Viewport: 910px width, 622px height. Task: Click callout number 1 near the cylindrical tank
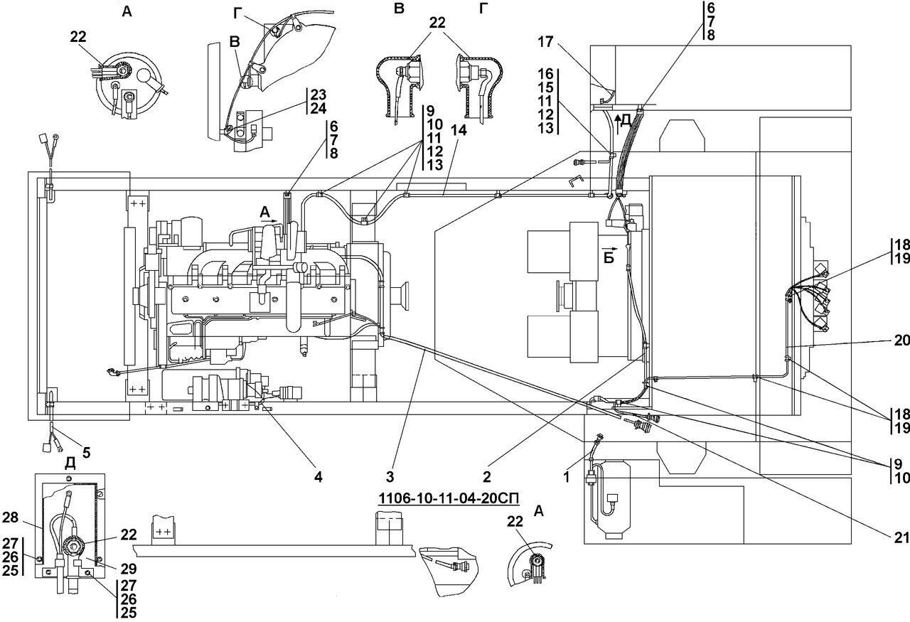pyautogui.click(x=567, y=478)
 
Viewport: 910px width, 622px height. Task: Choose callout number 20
pyautogui.click(x=901, y=341)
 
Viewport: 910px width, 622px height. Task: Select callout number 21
pyautogui.click(x=901, y=538)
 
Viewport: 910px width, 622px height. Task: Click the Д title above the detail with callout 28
pyautogui.click(x=70, y=463)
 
